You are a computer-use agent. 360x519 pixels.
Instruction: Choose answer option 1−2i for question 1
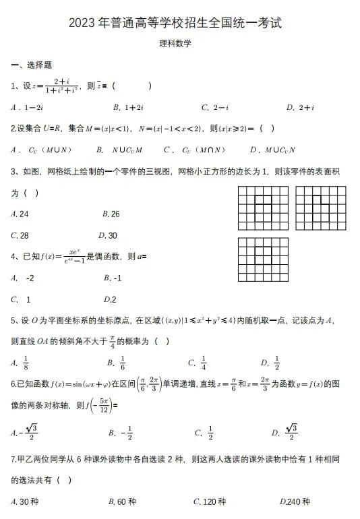(31, 107)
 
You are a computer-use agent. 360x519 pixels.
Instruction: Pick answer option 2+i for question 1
(301, 107)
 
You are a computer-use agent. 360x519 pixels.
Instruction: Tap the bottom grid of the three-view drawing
(263, 259)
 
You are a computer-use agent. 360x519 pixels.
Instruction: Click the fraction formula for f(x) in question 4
(66, 257)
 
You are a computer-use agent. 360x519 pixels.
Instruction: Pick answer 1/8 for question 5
(26, 363)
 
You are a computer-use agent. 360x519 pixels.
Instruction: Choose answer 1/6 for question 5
(122, 363)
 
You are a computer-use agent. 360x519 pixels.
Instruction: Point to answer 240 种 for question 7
(295, 501)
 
